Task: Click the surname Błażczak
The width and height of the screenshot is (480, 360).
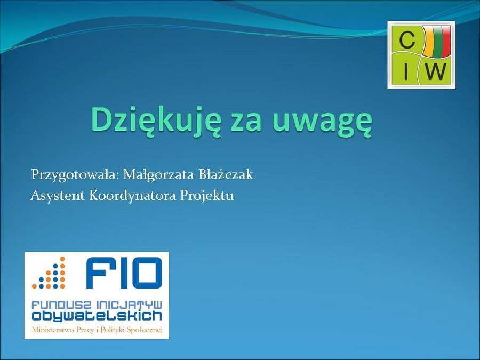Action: coord(226,174)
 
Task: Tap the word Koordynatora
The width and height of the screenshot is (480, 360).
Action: coord(133,195)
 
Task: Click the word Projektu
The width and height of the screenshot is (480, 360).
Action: coord(206,196)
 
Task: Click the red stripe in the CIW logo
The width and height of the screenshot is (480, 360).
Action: coord(447,41)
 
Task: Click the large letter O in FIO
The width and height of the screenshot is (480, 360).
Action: coord(146,273)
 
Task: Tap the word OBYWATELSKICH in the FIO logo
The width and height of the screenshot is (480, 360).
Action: coord(97,316)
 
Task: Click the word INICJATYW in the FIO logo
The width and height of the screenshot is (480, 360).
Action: coord(129,305)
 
